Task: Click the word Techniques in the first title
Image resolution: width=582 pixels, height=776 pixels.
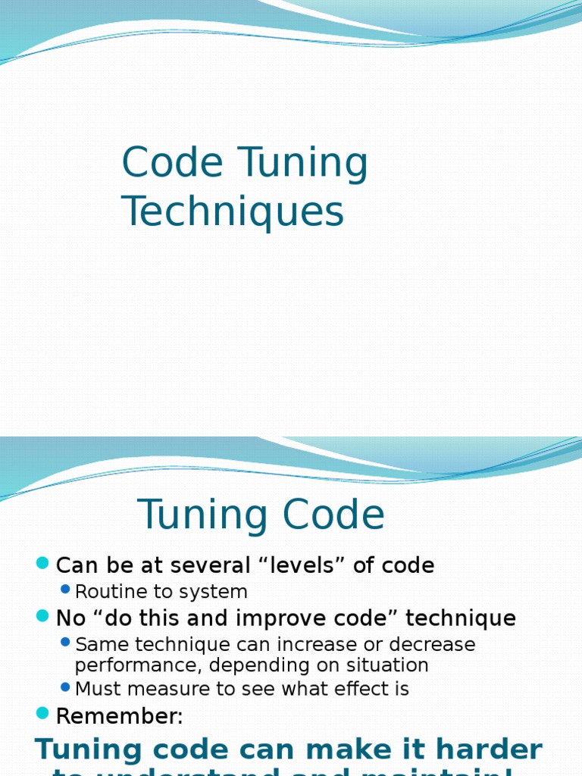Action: coord(233,211)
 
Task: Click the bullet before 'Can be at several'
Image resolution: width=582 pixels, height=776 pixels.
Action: coord(42,563)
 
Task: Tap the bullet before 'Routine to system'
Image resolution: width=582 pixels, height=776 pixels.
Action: coord(65,590)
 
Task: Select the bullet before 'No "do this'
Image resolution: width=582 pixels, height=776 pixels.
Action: coord(42,616)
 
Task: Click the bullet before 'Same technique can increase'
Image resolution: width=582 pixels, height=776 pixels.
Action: coord(65,643)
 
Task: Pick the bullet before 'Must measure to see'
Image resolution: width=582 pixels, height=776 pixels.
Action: coord(65,687)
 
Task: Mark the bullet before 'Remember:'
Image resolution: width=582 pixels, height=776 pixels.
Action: coord(42,713)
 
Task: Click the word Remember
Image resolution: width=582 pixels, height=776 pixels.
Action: coord(117,716)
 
